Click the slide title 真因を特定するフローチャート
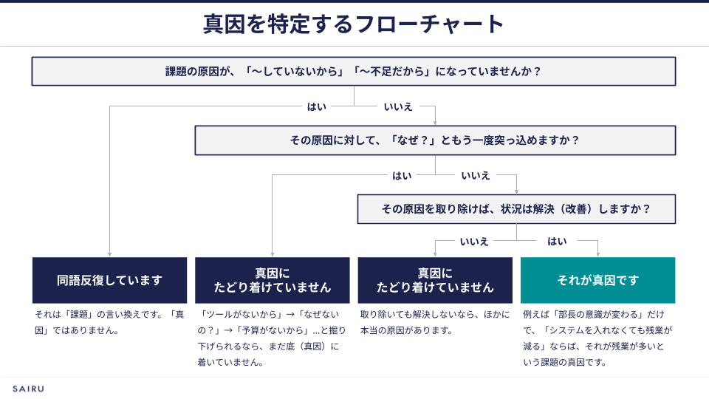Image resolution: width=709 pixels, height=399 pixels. [353, 24]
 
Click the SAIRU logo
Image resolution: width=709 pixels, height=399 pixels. [28, 389]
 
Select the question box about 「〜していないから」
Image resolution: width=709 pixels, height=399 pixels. [354, 71]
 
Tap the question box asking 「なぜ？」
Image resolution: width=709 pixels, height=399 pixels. [435, 140]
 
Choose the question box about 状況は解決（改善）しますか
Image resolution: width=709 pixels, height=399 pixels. [516, 209]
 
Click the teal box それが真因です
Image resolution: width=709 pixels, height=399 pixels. [597, 280]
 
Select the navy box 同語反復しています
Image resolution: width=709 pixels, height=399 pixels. [109, 280]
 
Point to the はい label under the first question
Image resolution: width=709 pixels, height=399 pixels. [317, 106]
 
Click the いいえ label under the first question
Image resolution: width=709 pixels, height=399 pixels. [398, 106]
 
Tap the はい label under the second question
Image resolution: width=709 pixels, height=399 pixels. [402, 176]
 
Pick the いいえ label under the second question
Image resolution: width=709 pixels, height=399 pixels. [476, 176]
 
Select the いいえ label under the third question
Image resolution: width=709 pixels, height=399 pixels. [474, 242]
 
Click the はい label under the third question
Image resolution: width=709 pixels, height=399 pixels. [557, 242]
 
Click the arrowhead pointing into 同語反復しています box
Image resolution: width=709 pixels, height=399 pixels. [109, 255]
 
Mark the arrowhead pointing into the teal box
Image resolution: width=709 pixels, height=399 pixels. [597, 255]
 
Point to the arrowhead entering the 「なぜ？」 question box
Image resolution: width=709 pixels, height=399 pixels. [435, 123]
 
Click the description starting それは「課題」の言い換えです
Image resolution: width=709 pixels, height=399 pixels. [109, 322]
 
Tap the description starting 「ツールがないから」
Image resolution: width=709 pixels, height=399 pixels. [272, 338]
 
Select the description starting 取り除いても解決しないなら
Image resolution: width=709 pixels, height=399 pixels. [434, 322]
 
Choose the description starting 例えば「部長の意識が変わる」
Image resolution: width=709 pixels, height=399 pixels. [597, 338]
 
